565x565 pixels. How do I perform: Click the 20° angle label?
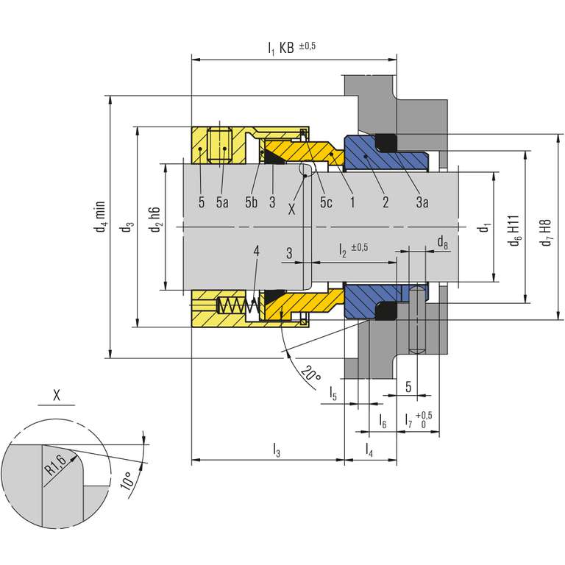[310, 374]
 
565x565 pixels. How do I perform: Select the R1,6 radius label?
[55, 465]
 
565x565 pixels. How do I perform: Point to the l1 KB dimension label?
[291, 47]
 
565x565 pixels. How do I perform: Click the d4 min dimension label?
[101, 216]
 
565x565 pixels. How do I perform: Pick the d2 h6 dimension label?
[156, 220]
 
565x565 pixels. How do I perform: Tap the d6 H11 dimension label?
[514, 230]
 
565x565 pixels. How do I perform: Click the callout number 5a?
[222, 202]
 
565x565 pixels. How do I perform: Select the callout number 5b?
[252, 202]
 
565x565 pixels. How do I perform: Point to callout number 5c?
[326, 202]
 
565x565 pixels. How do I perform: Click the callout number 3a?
[422, 202]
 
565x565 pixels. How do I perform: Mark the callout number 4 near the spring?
[256, 251]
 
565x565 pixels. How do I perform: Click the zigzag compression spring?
[238, 306]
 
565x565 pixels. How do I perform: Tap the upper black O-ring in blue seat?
[386, 142]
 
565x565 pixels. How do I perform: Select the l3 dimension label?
[277, 450]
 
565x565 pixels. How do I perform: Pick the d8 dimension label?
[442, 242]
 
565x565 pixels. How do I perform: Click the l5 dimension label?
[333, 394]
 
